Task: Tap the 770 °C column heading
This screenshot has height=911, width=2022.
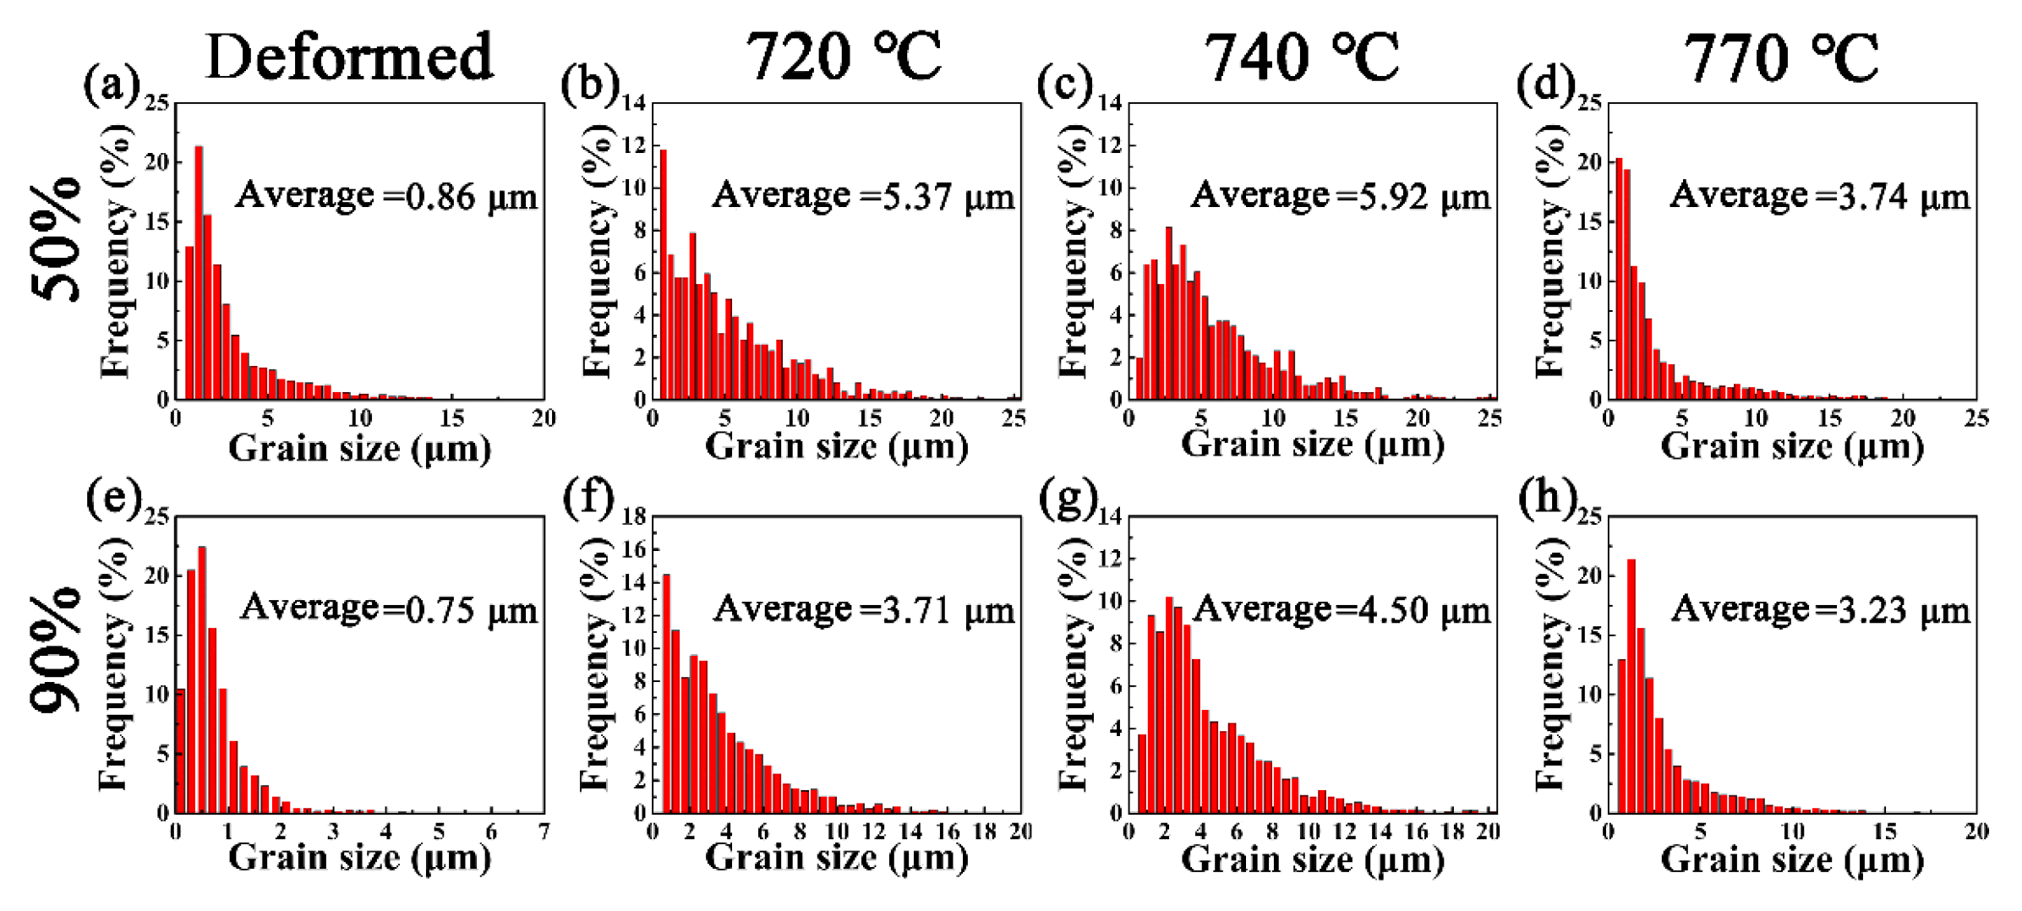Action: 1781,57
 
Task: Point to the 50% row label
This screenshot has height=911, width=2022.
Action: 57,239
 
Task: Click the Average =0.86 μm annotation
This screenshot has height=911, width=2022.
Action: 386,196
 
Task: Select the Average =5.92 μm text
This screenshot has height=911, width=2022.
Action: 1341,196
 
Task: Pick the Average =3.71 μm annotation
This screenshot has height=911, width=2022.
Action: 863,609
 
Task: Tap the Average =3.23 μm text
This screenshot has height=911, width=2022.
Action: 1821,609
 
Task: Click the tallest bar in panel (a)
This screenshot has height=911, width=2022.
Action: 199,272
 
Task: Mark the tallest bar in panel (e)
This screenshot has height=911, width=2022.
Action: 202,679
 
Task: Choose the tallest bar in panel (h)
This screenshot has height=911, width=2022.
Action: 1631,685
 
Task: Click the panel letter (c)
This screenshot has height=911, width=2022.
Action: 1064,85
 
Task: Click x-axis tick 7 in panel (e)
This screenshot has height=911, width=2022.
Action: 543,832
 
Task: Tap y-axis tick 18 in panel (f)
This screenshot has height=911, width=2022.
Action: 635,516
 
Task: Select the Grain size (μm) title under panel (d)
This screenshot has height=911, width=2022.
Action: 1792,446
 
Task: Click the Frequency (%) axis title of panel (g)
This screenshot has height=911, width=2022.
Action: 1074,663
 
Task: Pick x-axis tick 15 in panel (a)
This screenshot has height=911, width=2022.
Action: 452,418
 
